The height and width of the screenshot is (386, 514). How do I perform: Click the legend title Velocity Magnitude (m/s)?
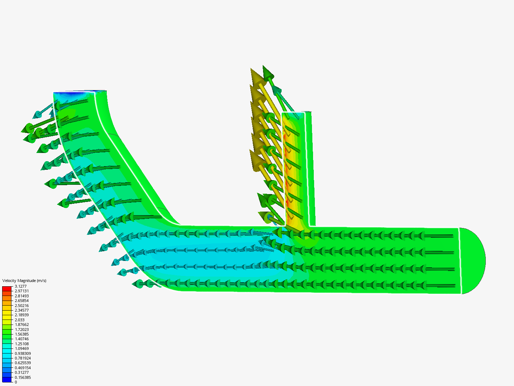(x=24, y=281)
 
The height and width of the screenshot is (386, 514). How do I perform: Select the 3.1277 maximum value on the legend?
(x=20, y=286)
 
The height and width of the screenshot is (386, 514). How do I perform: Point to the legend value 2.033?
(x=20, y=320)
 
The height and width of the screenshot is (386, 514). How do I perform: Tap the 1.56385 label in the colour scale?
(x=21, y=334)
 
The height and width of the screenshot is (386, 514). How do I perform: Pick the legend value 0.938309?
(x=22, y=353)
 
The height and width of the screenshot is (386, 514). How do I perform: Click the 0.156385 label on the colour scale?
(x=22, y=377)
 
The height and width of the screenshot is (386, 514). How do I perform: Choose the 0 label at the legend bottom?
(x=16, y=382)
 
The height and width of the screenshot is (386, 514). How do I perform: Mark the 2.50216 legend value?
(x=21, y=306)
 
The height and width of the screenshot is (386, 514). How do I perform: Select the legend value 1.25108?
(x=21, y=344)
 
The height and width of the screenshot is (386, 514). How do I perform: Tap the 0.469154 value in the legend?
(x=22, y=368)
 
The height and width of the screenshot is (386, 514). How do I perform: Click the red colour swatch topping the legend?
(x=7, y=288)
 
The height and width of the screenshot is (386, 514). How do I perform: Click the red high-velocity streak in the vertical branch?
(x=287, y=172)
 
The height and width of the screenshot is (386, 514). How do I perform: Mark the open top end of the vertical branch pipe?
(x=296, y=113)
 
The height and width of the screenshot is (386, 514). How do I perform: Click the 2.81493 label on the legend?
(x=21, y=296)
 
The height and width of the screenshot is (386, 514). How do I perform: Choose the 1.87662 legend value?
(x=21, y=325)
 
